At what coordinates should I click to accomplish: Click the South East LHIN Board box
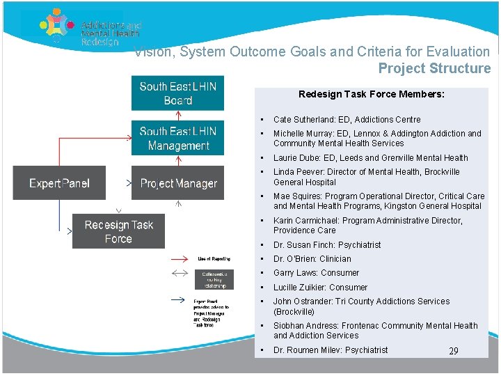click(x=178, y=93)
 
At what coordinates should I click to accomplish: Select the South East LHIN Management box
click(x=178, y=138)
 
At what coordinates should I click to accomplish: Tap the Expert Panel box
click(x=59, y=183)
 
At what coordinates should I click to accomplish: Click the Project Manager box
click(x=178, y=183)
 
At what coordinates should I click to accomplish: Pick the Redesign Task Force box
click(x=118, y=231)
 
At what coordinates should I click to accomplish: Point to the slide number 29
click(x=453, y=351)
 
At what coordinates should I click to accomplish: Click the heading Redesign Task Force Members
click(x=372, y=94)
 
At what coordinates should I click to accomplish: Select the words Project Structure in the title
click(x=434, y=68)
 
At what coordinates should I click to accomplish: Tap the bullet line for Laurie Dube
click(x=370, y=158)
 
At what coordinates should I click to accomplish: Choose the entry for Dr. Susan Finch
click(x=327, y=245)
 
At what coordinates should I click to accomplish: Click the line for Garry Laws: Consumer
click(x=316, y=273)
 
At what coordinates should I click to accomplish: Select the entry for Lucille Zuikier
click(x=320, y=288)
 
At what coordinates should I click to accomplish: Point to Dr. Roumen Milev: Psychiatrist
click(x=331, y=350)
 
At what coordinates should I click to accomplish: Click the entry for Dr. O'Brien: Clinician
click(x=312, y=259)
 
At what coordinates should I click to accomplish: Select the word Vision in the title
click(x=150, y=52)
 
